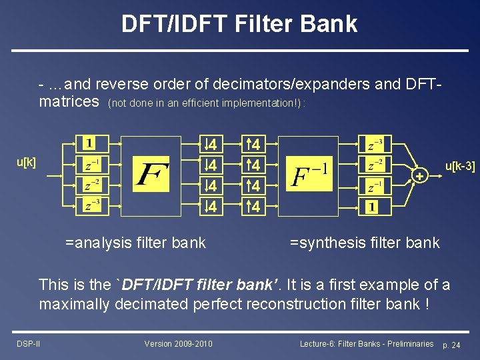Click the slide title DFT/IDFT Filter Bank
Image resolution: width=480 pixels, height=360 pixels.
click(x=239, y=24)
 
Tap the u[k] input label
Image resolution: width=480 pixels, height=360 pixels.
click(x=26, y=162)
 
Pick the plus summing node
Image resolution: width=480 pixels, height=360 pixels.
click(x=419, y=175)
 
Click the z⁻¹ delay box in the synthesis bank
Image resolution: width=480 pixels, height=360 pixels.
click(x=376, y=186)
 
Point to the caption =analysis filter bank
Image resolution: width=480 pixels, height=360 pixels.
click(x=135, y=243)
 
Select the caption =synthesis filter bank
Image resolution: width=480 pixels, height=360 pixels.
click(x=365, y=243)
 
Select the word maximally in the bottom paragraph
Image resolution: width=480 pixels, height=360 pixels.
click(x=74, y=304)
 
